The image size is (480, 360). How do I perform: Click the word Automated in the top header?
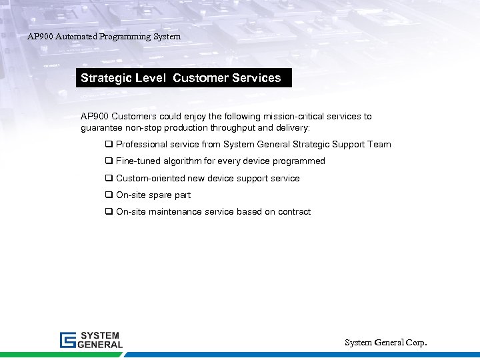coord(73,37)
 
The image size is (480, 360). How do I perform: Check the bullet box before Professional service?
coord(108,145)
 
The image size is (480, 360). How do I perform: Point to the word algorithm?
coord(183,161)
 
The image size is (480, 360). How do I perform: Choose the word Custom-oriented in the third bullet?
coord(151,179)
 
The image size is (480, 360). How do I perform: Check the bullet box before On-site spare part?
coord(108,195)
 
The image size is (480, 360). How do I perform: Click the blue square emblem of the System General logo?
coord(68,340)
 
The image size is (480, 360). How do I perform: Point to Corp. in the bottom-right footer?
coord(414,343)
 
